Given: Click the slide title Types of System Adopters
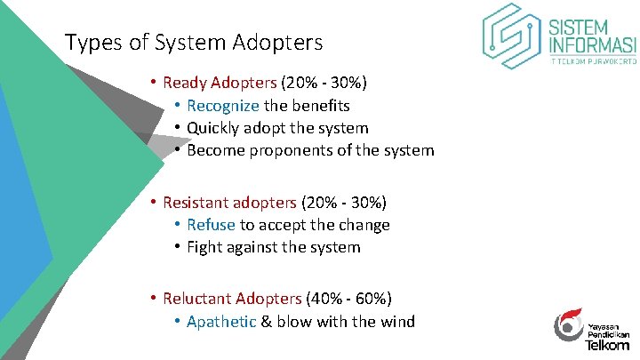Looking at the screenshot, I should pos(194,42).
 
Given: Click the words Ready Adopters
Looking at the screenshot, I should pos(220,83).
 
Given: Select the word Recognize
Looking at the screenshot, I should pos(222,106).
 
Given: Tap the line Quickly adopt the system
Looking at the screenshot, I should pos(277,128).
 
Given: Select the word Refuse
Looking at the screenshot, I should pos(211,225).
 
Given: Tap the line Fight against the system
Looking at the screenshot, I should pos(274,247).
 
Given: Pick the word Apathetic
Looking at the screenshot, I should pos(221,321).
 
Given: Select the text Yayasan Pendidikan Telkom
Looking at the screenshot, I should pos(609,333).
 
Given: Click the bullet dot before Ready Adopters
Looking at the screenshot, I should pos(153,83).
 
